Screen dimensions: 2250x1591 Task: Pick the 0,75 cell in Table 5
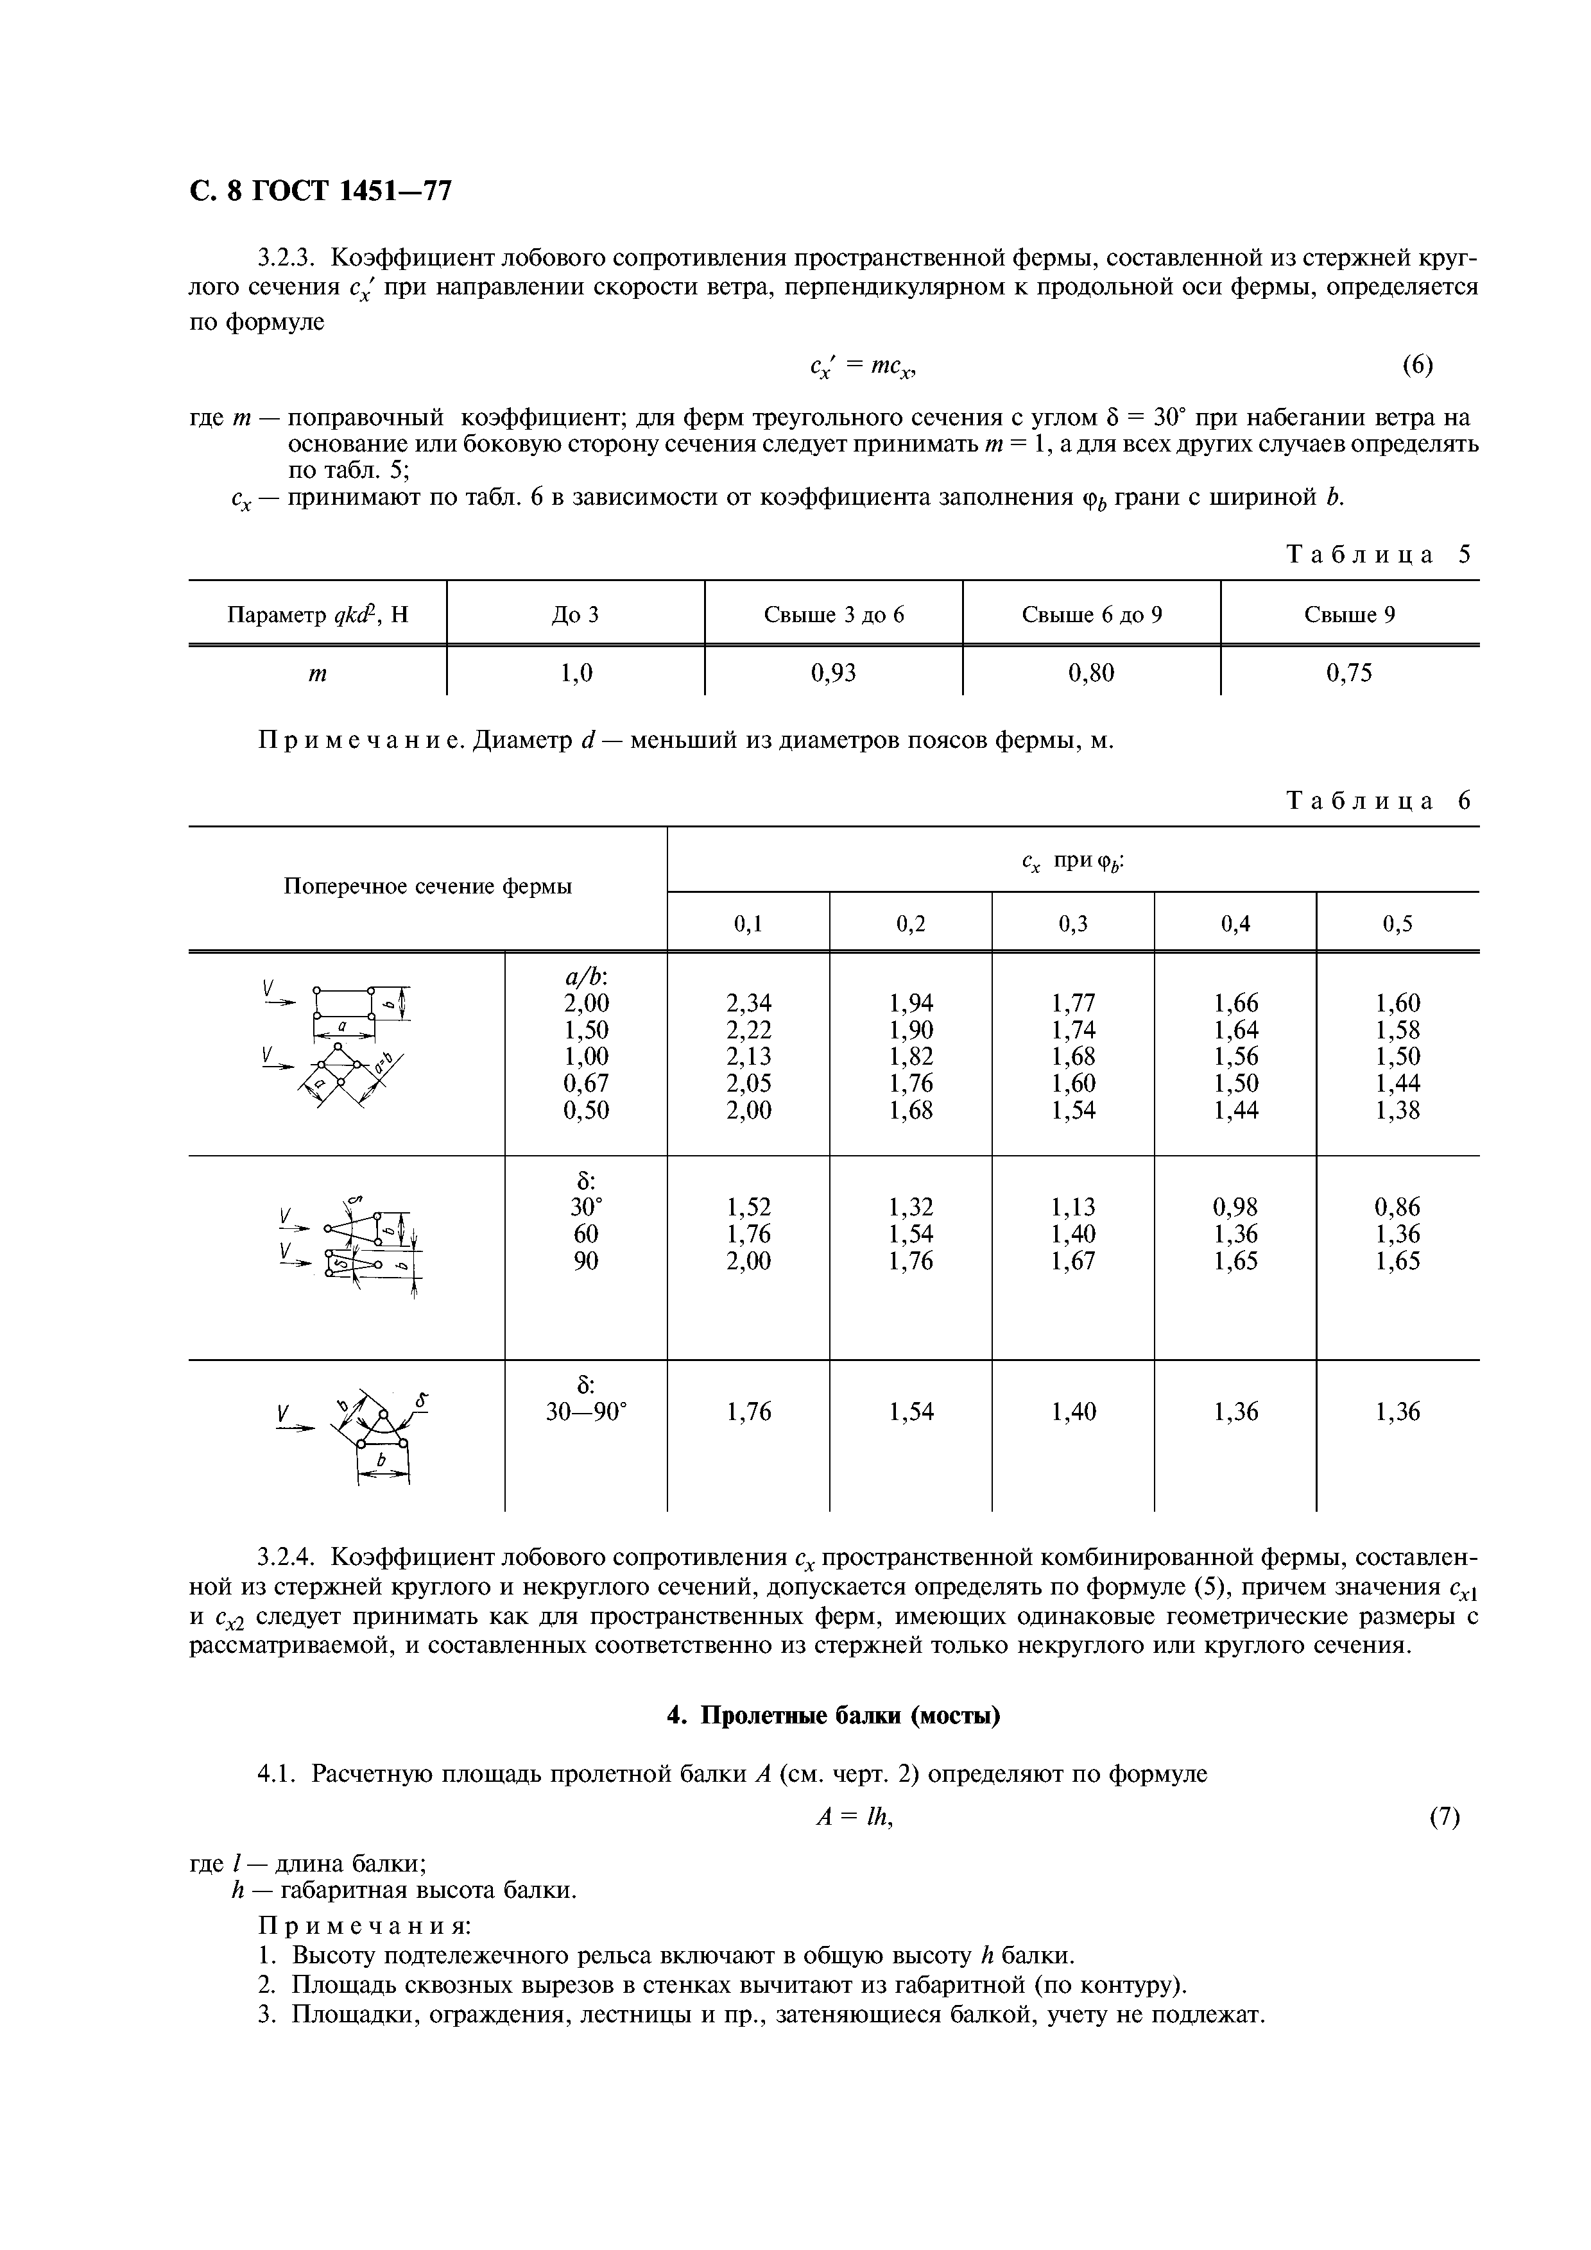pos(1349,672)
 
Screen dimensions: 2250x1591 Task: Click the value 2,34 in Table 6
pos(748,1002)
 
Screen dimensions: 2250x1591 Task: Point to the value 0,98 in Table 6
pos(1235,1206)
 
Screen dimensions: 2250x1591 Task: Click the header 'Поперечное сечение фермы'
pos(427,887)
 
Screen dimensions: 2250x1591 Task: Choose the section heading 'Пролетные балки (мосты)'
pos(833,1716)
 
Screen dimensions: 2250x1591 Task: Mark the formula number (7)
pos(1444,1818)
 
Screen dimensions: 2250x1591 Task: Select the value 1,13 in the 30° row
pos(1074,1206)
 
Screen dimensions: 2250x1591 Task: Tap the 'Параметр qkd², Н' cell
pos(316,614)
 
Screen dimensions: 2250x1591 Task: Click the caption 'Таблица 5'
pos(1377,555)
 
